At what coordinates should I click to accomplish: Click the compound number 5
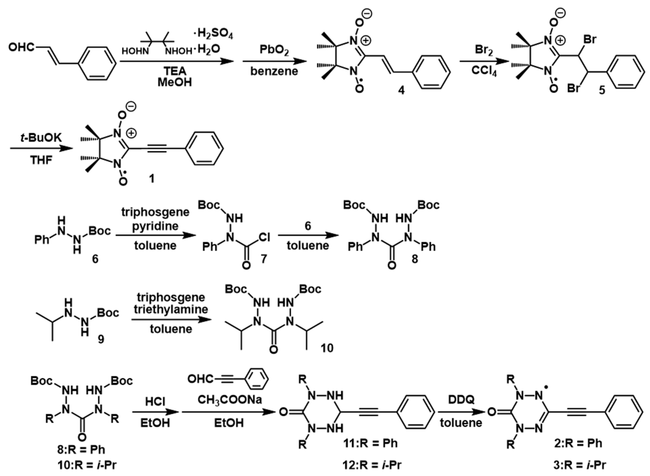click(602, 90)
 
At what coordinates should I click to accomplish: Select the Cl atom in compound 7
click(264, 237)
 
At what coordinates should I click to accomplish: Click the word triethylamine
click(171, 309)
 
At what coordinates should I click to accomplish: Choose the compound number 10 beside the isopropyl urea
click(327, 348)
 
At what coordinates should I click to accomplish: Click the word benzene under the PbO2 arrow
click(274, 71)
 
